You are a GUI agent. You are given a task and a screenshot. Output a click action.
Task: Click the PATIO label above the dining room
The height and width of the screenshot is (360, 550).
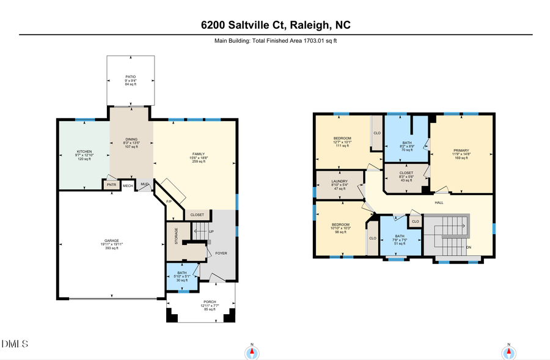[131, 77]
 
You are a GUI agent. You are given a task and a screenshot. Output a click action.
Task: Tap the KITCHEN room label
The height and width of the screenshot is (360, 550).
[84, 152]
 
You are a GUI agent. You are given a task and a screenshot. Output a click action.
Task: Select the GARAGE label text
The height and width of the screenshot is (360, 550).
[111, 241]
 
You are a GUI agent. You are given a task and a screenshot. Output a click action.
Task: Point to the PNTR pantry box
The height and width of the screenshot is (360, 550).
[111, 185]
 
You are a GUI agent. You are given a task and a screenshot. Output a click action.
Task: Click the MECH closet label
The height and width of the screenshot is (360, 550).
[127, 185]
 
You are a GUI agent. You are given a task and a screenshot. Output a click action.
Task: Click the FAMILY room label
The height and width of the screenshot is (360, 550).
[199, 153]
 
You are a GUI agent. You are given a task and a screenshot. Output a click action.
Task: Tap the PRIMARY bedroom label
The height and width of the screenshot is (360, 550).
[460, 150]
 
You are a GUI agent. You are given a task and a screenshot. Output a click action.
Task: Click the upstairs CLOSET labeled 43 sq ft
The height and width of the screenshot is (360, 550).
[406, 173]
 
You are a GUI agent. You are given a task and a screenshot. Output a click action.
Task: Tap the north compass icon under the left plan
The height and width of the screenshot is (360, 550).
[251, 352]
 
